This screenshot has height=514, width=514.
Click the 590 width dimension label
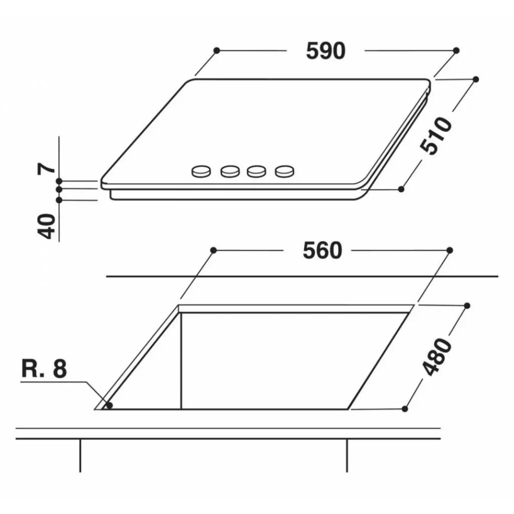coord(325,51)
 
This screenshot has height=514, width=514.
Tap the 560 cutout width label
coord(322,250)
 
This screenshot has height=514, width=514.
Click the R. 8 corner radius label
coord(44,369)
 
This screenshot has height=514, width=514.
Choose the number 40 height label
coord(47,226)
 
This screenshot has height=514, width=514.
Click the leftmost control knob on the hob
coord(202,171)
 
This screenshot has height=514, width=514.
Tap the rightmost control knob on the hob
coord(284,171)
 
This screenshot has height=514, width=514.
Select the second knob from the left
coord(230,171)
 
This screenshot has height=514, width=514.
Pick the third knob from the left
coord(256,171)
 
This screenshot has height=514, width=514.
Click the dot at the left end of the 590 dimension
coord(216,50)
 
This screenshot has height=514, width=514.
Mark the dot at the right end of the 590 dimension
coord(456,50)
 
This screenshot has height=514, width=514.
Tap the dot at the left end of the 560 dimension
coord(213,250)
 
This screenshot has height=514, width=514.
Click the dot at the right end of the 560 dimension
coord(450,250)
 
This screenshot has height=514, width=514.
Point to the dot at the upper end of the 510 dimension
coord(476,79)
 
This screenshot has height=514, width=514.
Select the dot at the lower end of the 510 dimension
coord(401,189)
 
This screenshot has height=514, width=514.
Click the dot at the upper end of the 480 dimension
coord(467,305)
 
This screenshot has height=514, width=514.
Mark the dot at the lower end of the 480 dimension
coord(405,409)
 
